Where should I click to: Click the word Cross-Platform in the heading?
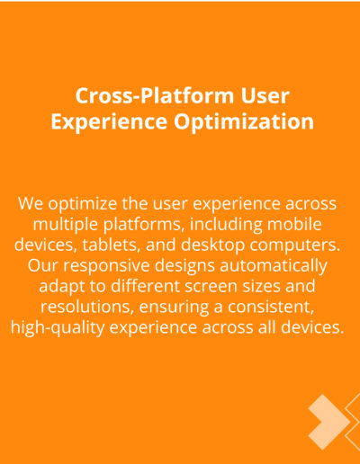click(x=155, y=96)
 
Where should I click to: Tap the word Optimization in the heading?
click(x=244, y=122)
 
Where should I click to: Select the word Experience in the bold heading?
click(x=109, y=122)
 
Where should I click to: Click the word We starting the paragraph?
click(x=31, y=203)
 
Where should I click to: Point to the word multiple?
click(x=66, y=225)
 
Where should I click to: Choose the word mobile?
click(x=294, y=224)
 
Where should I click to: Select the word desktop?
click(x=212, y=245)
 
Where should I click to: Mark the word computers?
click(x=295, y=245)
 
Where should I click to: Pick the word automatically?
click(x=274, y=266)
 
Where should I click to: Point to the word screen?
click(x=211, y=287)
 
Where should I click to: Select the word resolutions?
click(x=87, y=307)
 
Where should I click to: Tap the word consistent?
click(x=271, y=307)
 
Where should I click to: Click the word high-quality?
click(x=58, y=327)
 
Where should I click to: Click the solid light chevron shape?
click(x=328, y=422)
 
